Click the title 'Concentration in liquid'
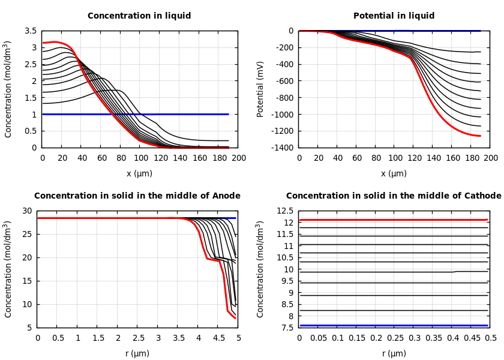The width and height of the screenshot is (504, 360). click(x=139, y=16)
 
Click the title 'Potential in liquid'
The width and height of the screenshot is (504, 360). click(x=394, y=16)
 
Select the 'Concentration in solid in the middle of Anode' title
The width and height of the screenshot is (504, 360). click(x=137, y=196)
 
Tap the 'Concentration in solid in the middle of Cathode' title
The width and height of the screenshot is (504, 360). click(x=394, y=196)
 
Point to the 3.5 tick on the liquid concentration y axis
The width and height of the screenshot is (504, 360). click(x=31, y=31)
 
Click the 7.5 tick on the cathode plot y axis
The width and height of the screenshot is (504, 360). click(x=288, y=328)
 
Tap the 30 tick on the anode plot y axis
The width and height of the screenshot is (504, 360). click(x=26, y=211)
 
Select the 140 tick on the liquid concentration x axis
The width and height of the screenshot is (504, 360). click(x=179, y=158)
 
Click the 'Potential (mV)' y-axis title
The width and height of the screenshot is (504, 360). click(x=260, y=89)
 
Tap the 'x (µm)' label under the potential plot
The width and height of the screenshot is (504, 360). click(x=394, y=173)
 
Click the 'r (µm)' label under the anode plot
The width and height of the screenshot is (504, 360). click(x=137, y=353)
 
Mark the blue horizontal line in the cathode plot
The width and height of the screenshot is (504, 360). click(x=394, y=325)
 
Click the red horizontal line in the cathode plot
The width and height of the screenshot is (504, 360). click(x=394, y=220)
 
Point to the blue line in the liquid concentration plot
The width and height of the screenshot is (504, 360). click(x=150, y=114)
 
